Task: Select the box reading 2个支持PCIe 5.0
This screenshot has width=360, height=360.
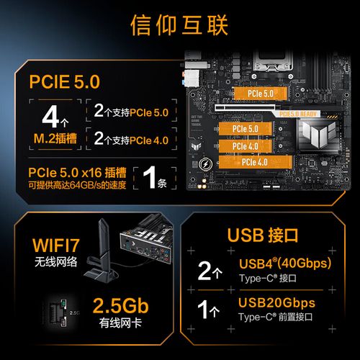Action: (x=130, y=112)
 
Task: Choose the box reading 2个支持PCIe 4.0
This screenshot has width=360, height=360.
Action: (x=130, y=139)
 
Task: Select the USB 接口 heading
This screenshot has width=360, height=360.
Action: (x=269, y=234)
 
